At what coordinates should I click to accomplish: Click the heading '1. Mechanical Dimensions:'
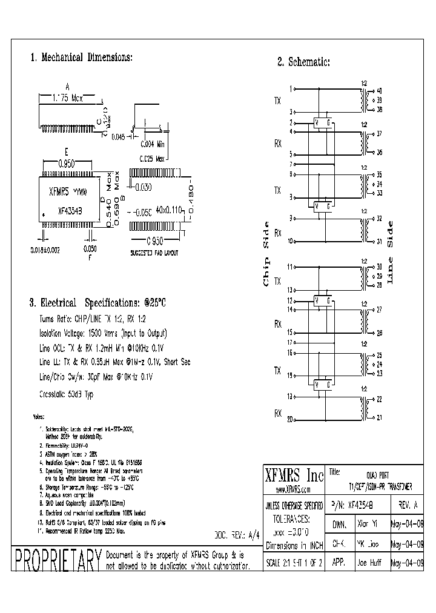coord(81,58)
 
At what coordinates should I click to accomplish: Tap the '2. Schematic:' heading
coord(303,62)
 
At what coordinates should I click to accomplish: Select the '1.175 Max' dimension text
coord(68,97)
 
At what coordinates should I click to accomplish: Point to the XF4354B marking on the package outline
coord(70,211)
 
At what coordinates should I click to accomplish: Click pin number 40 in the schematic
coord(379,90)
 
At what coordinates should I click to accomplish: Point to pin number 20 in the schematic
coord(290,419)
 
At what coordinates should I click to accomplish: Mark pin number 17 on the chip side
coord(290,342)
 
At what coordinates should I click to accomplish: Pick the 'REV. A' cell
coord(405,505)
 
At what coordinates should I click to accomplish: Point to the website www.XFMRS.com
coord(293,489)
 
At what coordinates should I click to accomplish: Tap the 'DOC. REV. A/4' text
coord(232,535)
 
